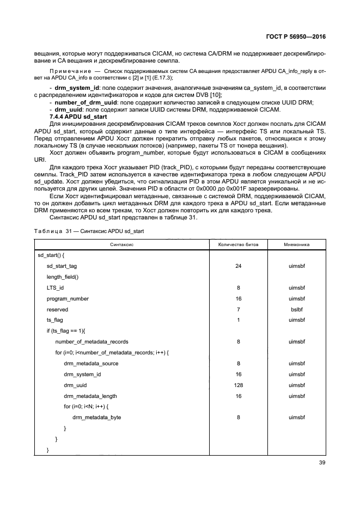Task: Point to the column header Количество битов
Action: click(238, 244)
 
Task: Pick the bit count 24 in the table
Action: click(238, 266)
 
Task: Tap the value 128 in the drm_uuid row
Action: click(238, 385)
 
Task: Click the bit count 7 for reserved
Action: click(238, 309)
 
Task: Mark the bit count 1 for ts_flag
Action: click(238, 320)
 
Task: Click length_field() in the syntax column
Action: click(63, 277)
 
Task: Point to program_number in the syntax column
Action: click(68, 298)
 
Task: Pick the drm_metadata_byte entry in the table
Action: click(96, 417)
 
